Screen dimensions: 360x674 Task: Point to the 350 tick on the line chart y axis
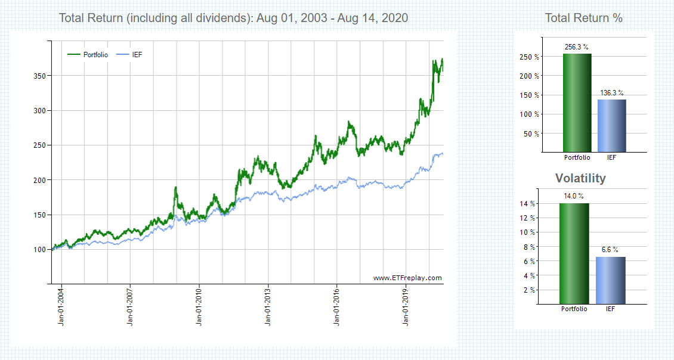click(x=40, y=76)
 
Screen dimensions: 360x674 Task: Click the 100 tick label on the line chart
click(x=40, y=249)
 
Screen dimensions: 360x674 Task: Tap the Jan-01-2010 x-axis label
click(x=199, y=308)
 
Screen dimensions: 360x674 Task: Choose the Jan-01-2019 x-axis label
click(x=406, y=308)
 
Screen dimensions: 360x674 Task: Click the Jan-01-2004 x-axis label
click(x=61, y=308)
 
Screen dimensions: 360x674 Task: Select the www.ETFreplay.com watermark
click(x=407, y=278)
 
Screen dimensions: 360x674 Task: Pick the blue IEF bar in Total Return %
click(x=611, y=125)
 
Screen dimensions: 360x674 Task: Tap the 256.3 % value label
click(x=577, y=46)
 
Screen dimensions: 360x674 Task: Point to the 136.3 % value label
click(x=611, y=93)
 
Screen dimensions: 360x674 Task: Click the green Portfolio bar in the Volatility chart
click(x=574, y=253)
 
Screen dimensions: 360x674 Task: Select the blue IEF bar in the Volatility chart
click(x=611, y=280)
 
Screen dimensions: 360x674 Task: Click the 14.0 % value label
click(x=574, y=196)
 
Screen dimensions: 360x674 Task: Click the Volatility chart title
click(x=580, y=178)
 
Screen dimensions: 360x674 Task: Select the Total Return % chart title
click(x=583, y=18)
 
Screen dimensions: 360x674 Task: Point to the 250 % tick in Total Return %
click(x=530, y=57)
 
